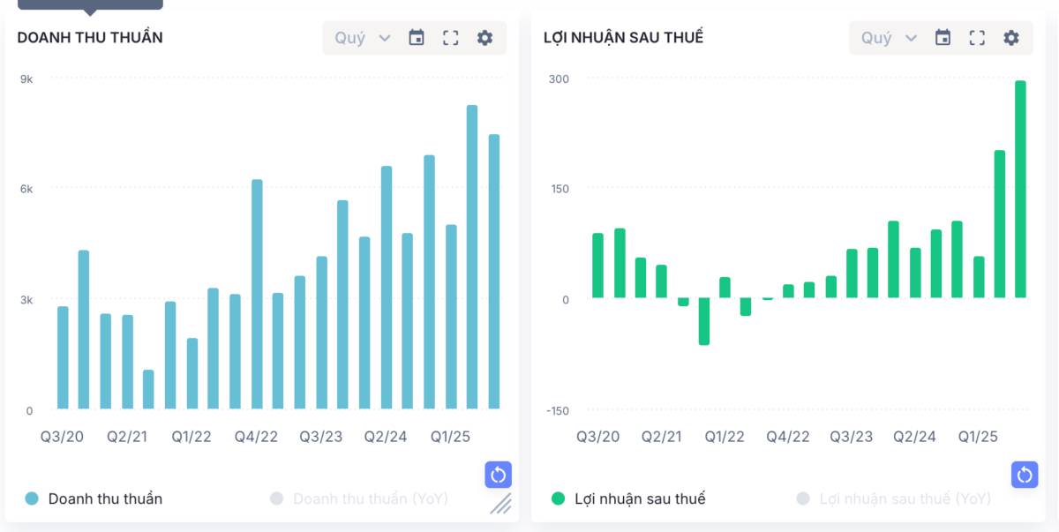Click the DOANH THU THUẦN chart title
(x=90, y=37)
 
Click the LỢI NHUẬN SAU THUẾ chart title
(x=623, y=37)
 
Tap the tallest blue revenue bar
(x=472, y=256)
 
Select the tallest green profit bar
(x=1020, y=189)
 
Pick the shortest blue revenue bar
(x=148, y=389)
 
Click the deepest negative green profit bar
(x=703, y=321)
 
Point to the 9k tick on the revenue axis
(x=26, y=79)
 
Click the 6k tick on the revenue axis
(x=26, y=189)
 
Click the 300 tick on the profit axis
(x=559, y=79)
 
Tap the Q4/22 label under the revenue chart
(x=256, y=437)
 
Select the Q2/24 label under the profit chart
(x=914, y=437)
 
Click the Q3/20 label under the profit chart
(x=598, y=437)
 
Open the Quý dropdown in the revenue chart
(x=362, y=38)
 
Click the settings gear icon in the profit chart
(x=1011, y=38)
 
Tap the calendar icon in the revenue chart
(x=417, y=38)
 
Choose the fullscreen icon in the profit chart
(x=977, y=38)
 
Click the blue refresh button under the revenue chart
(x=498, y=475)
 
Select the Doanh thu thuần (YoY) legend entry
(x=370, y=498)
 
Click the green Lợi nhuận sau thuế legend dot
(x=558, y=498)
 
